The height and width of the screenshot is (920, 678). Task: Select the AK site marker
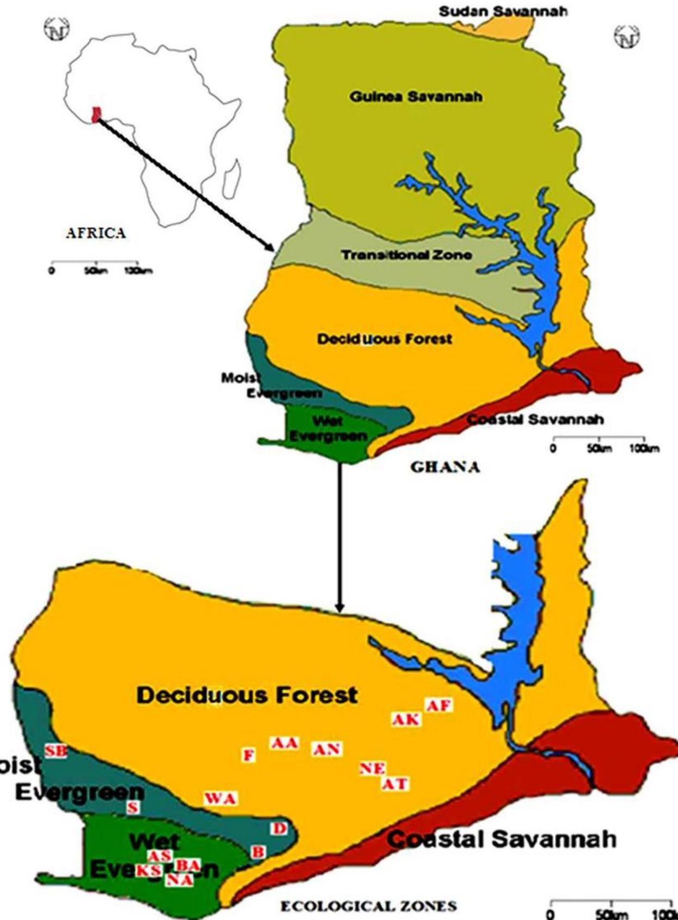[406, 720]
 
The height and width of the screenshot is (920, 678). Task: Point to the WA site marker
[220, 799]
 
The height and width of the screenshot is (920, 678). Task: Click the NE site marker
[373, 768]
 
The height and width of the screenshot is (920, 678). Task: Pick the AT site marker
[395, 784]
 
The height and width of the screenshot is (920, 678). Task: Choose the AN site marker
[326, 749]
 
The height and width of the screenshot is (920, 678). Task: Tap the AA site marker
[285, 743]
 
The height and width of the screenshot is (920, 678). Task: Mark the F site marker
[249, 755]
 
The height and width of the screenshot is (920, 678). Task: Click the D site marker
[279, 828]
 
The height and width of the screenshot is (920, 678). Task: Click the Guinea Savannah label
[416, 97]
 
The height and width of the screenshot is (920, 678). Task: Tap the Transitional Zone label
[406, 255]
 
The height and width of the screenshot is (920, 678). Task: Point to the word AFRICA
[96, 233]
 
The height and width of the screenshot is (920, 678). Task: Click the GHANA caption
[445, 467]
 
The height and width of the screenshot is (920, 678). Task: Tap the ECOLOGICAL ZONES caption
[368, 906]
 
